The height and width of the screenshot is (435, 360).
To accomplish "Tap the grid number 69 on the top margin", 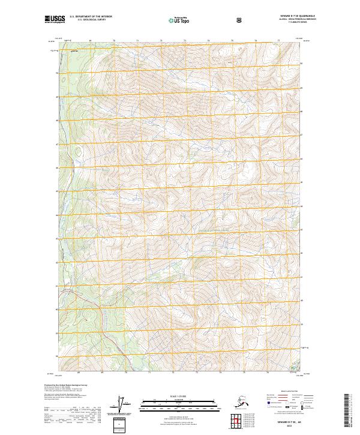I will tap(90, 41).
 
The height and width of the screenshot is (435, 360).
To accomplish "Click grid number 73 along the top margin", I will tap(184, 41).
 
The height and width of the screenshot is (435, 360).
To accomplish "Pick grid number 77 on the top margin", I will tap(278, 41).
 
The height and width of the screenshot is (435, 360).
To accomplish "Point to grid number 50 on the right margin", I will tap(302, 63).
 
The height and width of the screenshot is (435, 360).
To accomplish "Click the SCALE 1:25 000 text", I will tap(179, 396).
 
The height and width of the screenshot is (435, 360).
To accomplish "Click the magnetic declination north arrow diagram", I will tap(124, 404).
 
